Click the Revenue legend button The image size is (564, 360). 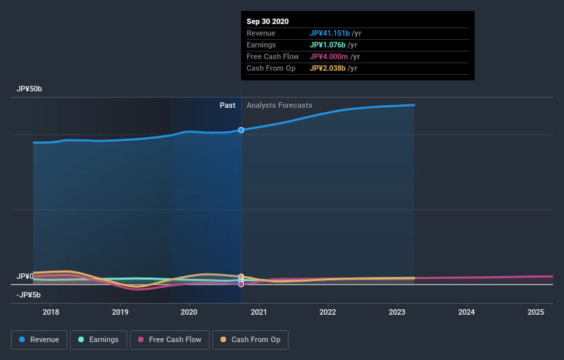point(39,339)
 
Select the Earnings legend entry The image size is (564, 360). point(98,339)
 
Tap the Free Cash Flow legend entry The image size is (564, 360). point(169,339)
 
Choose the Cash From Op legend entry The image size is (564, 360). point(250,339)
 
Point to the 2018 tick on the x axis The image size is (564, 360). point(50,312)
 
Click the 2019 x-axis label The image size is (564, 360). point(120,312)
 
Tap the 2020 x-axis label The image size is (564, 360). point(189,312)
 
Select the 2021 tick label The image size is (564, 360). point(259,312)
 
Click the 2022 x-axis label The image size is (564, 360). point(328,312)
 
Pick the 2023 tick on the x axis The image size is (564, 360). point(397,312)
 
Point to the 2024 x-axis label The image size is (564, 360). point(466,312)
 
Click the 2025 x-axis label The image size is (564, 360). point(536,312)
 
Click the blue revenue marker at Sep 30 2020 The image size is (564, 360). point(241,130)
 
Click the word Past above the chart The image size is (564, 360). point(227,105)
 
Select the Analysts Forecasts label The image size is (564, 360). point(279,105)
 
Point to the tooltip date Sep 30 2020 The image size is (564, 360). point(268,21)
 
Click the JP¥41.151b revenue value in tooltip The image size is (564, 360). point(329,33)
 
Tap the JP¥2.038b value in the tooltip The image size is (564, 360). point(328,68)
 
